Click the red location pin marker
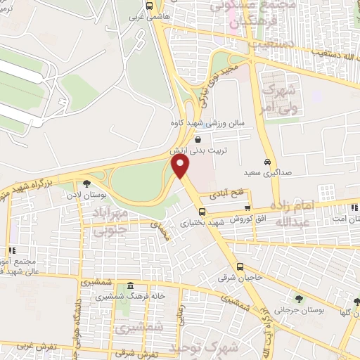pyautogui.click(x=181, y=167)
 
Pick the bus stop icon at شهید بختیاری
pyautogui.click(x=202, y=212)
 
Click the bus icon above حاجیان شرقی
pyautogui.click(x=240, y=266)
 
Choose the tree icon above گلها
pyautogui.click(x=356, y=302)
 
